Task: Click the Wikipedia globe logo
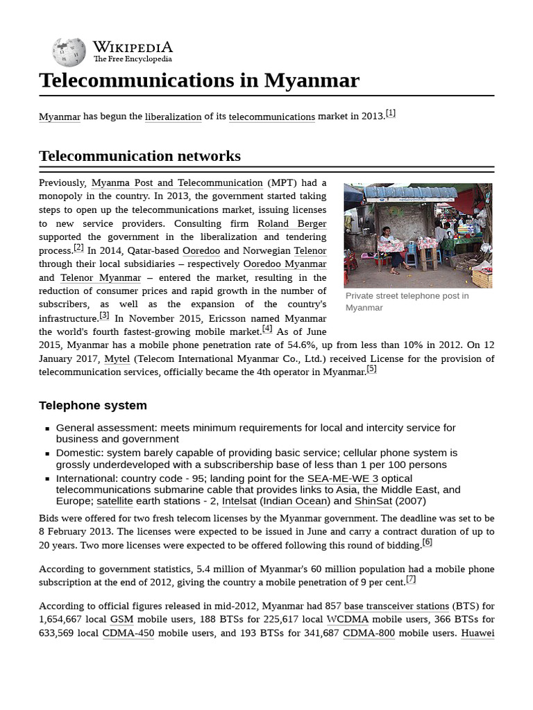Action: tap(69, 53)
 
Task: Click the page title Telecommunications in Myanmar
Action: tap(199, 80)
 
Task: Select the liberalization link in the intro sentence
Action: tap(173, 117)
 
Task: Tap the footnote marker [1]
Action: tap(391, 113)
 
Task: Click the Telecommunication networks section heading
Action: tap(139, 156)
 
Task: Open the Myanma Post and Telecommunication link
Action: tap(177, 183)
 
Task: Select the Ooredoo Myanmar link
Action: tap(285, 264)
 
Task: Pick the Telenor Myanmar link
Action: tap(101, 278)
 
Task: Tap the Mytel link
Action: tap(117, 358)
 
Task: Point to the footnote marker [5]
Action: tap(371, 369)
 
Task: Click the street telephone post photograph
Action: tap(418, 235)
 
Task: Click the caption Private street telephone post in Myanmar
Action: tap(407, 302)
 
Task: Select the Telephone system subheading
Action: tap(93, 406)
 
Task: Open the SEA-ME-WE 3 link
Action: tap(343, 478)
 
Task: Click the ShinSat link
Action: tap(373, 501)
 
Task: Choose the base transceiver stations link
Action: tap(396, 606)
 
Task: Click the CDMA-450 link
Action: tap(128, 633)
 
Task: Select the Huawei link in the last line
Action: tap(477, 633)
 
